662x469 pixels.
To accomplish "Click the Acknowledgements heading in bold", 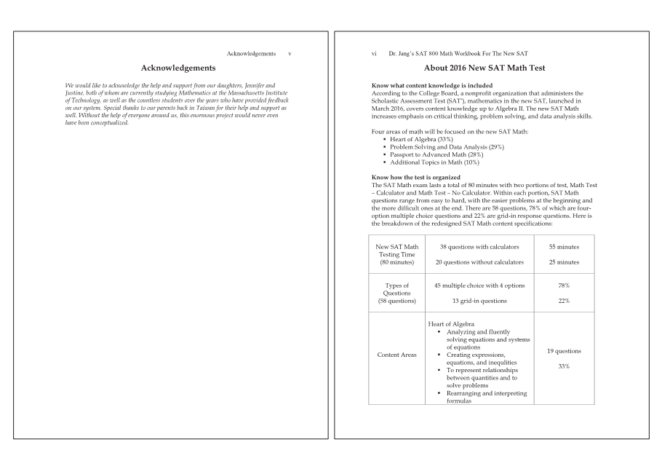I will (178, 68).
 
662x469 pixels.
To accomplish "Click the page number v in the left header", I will (290, 54).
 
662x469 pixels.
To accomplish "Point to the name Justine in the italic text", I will (76, 93).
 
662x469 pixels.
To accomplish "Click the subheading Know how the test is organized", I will (415, 177).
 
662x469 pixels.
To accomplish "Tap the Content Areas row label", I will (396, 355).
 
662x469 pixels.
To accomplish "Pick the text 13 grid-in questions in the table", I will (479, 301).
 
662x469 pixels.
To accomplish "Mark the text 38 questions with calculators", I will (479, 247).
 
